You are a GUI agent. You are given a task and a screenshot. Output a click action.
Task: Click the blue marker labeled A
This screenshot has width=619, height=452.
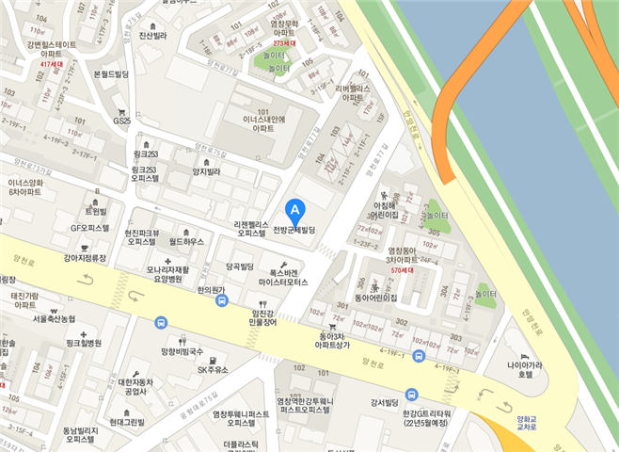click(x=295, y=208)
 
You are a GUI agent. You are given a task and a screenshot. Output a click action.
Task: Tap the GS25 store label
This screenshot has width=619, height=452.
click(x=121, y=121)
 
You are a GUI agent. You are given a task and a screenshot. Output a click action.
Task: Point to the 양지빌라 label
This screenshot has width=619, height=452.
click(x=206, y=172)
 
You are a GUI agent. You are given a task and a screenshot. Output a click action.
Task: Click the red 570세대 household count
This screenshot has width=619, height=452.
click(x=403, y=270)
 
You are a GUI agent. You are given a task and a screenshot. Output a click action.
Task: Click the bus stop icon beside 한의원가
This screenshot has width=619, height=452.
click(x=222, y=300)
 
